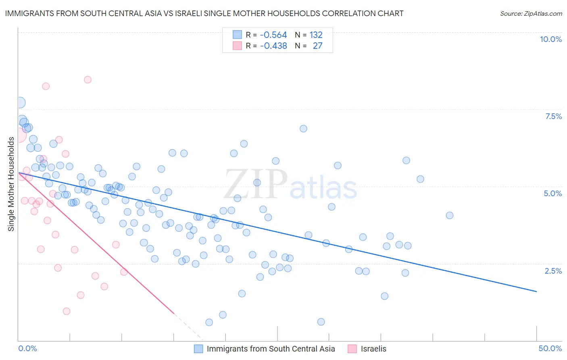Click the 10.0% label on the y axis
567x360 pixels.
550,39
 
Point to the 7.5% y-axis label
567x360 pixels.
553,116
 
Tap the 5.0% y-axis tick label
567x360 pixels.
552,193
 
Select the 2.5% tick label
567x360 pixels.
553,271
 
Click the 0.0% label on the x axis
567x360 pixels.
27,348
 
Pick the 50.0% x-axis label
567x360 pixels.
550,348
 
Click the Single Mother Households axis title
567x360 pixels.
11,184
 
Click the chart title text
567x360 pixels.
204,13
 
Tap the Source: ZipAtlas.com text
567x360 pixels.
531,13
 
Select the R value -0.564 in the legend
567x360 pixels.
273,35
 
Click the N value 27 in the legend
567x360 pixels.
317,46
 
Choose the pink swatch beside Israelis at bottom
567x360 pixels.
352,349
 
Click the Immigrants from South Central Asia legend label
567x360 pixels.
271,349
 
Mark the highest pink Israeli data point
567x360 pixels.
88,80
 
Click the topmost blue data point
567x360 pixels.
20,103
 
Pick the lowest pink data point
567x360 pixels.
67,311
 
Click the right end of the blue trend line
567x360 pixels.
536,291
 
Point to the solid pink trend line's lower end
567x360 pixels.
174,313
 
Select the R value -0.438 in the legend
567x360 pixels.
273,46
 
